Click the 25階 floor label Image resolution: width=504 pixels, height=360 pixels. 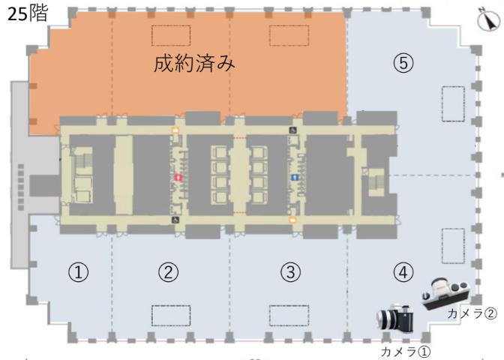pyautogui.click(x=28, y=13)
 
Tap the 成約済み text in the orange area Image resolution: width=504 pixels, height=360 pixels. pyautogui.click(x=194, y=63)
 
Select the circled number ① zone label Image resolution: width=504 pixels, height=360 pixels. pyautogui.click(x=78, y=272)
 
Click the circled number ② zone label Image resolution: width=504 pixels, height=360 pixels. pyautogui.click(x=169, y=272)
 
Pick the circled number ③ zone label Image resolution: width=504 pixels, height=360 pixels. pyautogui.click(x=290, y=272)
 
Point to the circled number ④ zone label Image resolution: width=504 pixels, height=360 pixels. pyautogui.click(x=403, y=272)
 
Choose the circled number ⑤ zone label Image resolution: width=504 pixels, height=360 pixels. pyautogui.click(x=403, y=63)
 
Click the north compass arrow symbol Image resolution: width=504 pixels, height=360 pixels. pyautogui.click(x=488, y=19)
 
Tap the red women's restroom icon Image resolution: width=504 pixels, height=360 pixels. pyautogui.click(x=178, y=178)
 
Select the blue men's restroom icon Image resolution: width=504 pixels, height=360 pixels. pyautogui.click(x=295, y=178)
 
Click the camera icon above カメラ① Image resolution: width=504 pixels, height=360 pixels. pyautogui.click(x=395, y=318)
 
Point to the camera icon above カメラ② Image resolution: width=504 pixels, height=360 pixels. pyautogui.click(x=445, y=293)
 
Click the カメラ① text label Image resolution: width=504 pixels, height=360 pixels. pyautogui.click(x=406, y=352)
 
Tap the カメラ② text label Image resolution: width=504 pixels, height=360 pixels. pyautogui.click(x=472, y=313)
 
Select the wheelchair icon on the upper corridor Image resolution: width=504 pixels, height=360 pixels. pyautogui.click(x=292, y=130)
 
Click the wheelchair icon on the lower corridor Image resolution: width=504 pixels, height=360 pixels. pyautogui.click(x=175, y=220)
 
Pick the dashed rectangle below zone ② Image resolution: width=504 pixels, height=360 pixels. pyautogui.click(x=171, y=316)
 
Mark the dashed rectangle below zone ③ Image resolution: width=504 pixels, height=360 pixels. pyautogui.click(x=289, y=316)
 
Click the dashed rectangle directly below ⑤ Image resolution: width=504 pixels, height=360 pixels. pyautogui.click(x=453, y=104)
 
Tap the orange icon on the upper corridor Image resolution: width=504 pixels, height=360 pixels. pyautogui.click(x=175, y=130)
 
